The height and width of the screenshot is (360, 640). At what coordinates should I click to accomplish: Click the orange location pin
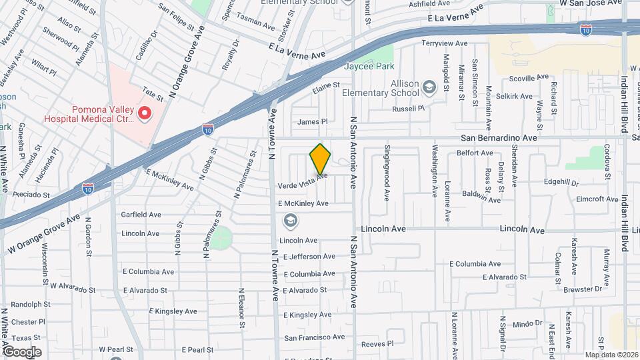click(320, 159)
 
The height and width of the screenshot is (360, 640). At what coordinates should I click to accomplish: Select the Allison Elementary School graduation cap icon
click(429, 86)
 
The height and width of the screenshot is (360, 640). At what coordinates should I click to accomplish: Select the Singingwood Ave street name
click(386, 173)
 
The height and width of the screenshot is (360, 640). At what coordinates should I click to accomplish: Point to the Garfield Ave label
click(141, 215)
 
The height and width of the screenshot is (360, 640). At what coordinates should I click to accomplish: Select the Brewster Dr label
click(583, 289)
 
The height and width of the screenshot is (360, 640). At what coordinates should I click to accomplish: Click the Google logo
click(21, 351)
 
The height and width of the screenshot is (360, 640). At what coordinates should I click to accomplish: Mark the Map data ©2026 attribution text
click(611, 355)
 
